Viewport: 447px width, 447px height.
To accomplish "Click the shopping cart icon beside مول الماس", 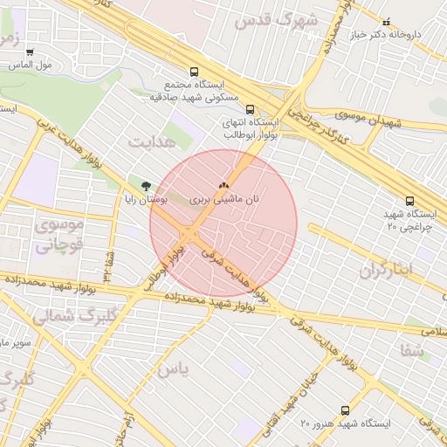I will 31,52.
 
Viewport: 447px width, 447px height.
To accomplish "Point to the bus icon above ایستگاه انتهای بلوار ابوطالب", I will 251,109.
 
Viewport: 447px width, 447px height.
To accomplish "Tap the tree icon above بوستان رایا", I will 145,185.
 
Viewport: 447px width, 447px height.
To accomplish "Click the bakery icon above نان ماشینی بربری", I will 223,185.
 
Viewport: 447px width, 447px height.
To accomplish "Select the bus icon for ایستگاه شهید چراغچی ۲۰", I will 410,200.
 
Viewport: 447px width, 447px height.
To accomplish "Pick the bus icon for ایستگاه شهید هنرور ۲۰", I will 345,409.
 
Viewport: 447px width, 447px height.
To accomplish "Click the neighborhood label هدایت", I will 146,140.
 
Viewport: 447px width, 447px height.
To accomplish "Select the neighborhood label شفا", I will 413,350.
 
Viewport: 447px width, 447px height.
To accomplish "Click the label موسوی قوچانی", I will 58,235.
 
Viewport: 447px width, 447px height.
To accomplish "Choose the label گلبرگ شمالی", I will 65,316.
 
